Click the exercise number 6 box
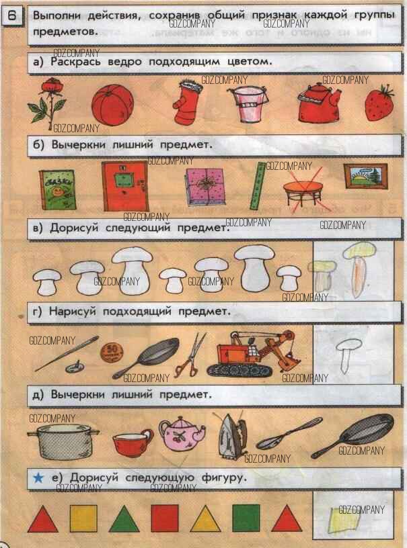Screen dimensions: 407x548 [11, 16]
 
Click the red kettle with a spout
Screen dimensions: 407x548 [318, 103]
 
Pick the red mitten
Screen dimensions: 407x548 [186, 103]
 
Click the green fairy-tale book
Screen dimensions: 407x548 [57, 190]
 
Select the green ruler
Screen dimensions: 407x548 [257, 185]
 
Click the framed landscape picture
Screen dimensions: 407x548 [366, 177]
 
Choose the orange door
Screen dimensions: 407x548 [124, 186]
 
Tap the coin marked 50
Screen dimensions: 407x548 [112, 351]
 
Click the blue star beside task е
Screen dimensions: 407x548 [38, 477]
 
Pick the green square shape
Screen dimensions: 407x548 [246, 518]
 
